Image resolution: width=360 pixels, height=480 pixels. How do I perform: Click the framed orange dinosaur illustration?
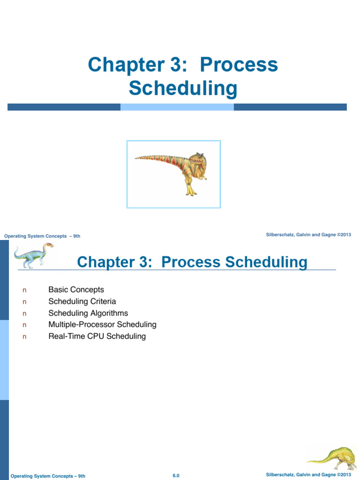tap(173, 174)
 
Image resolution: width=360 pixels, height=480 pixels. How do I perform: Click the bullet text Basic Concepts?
tap(76, 290)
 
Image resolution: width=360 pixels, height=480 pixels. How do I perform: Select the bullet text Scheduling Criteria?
tap(82, 301)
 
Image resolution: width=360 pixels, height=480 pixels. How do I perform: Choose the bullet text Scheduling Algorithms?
tap(88, 313)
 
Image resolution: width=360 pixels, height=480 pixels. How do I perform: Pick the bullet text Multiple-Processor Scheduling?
tap(102, 324)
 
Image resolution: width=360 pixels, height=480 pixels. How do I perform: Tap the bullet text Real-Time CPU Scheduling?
tap(97, 336)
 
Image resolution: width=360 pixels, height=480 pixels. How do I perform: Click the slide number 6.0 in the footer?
tap(176, 476)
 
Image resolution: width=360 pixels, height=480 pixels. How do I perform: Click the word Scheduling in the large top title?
tap(183, 89)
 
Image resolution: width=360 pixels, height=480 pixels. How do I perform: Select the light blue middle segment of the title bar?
tap(177, 107)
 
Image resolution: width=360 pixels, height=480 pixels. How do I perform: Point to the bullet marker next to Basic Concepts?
tap(24, 290)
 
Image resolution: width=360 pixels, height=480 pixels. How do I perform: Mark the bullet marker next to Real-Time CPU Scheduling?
tap(24, 337)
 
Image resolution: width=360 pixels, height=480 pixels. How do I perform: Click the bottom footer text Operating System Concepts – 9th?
tap(48, 476)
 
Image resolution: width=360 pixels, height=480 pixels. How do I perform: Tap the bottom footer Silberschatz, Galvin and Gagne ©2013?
tap(308, 475)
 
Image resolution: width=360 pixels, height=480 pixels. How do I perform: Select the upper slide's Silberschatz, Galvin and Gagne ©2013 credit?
tap(308, 234)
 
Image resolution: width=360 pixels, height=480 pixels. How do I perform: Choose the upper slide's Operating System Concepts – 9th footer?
tap(42, 236)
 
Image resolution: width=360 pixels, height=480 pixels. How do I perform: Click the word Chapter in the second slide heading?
tap(105, 262)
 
